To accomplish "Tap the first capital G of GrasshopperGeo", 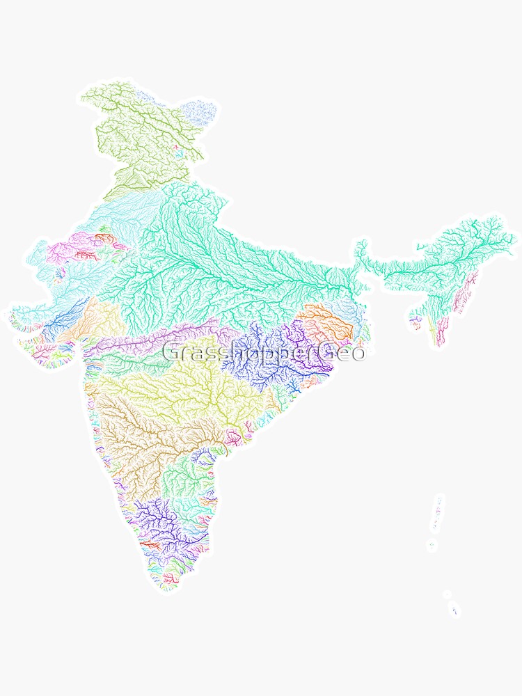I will (171, 352).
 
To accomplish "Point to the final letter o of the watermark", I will (358, 354).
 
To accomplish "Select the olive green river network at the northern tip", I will (139, 132).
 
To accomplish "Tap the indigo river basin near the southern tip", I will (160, 522).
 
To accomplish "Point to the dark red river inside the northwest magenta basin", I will (87, 255).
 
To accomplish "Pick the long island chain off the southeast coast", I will (437, 515).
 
